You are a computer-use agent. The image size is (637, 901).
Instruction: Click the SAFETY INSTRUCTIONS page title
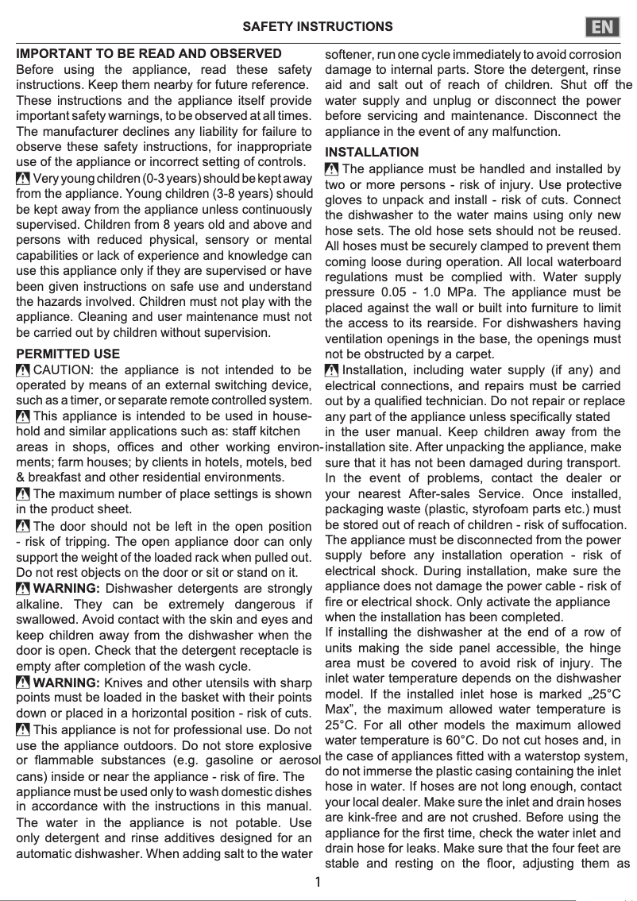(x=318, y=27)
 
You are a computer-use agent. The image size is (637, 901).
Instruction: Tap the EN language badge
(x=604, y=27)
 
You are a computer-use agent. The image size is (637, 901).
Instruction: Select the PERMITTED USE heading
(x=68, y=354)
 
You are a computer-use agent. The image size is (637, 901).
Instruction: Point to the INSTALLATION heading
(x=373, y=152)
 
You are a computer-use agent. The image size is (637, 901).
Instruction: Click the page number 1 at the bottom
(x=318, y=882)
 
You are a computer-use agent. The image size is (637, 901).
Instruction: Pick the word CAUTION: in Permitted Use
(x=64, y=369)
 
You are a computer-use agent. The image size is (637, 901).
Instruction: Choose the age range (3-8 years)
(x=235, y=193)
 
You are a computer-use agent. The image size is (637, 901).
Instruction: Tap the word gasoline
(x=221, y=760)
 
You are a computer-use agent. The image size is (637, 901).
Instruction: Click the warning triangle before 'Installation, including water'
(x=332, y=370)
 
